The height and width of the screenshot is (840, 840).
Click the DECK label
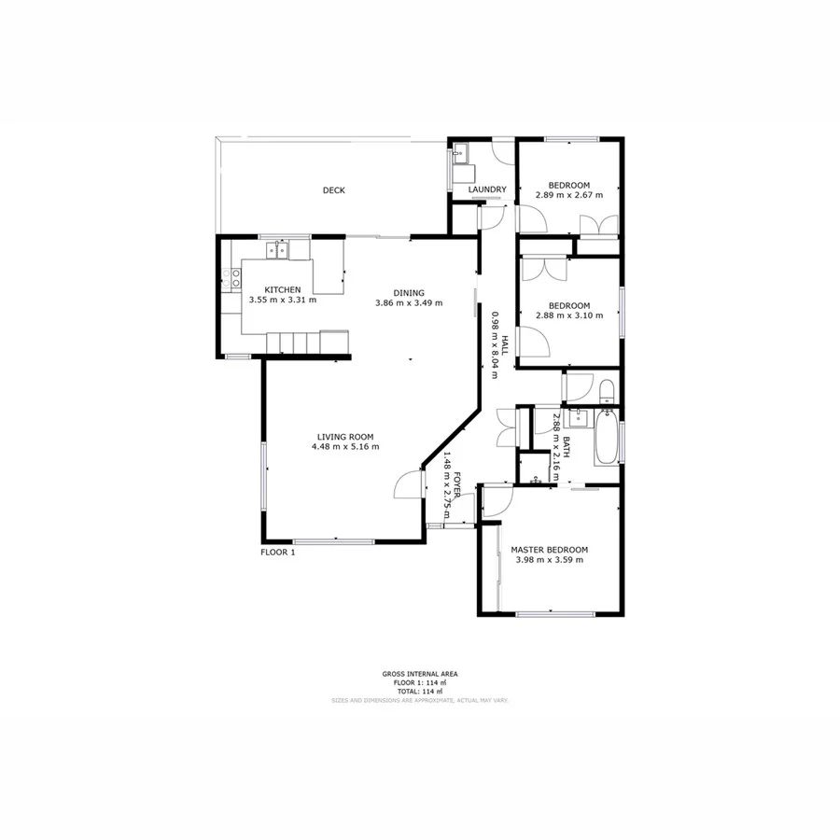coord(333,190)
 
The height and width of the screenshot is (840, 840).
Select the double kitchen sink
coord(275,250)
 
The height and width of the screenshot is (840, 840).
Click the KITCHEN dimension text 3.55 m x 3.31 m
coord(282,301)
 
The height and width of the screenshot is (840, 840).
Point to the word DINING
coord(408,292)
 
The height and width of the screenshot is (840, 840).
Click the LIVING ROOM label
coord(344,436)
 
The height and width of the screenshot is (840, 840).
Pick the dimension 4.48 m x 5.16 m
coord(344,447)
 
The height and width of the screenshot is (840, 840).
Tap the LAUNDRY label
coord(487,190)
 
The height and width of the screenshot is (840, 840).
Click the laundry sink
coord(460,157)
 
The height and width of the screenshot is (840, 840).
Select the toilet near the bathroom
coord(606,388)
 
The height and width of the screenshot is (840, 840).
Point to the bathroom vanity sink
coord(580,418)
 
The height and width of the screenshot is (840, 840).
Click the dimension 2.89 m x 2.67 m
coord(568,195)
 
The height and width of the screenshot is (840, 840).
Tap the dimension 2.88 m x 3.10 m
coord(568,316)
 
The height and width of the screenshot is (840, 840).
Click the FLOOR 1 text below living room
coord(277,553)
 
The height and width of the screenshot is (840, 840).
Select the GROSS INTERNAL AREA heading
coord(419,674)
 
